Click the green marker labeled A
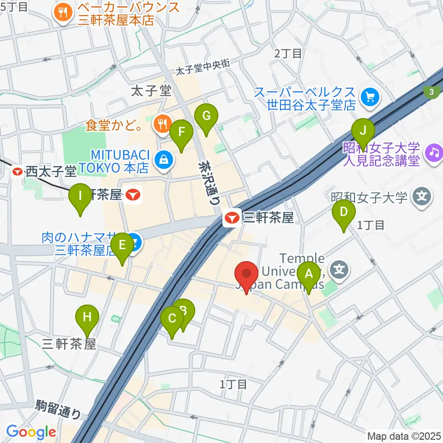pos(308,275)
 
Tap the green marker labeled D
pos(344,213)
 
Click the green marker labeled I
pos(80,197)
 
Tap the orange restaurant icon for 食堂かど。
pos(162,124)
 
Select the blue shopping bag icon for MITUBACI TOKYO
pos(163,160)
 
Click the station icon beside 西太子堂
pos(18,172)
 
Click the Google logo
pos(30,431)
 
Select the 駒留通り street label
pos(58,408)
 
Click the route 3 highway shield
pos(431,91)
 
